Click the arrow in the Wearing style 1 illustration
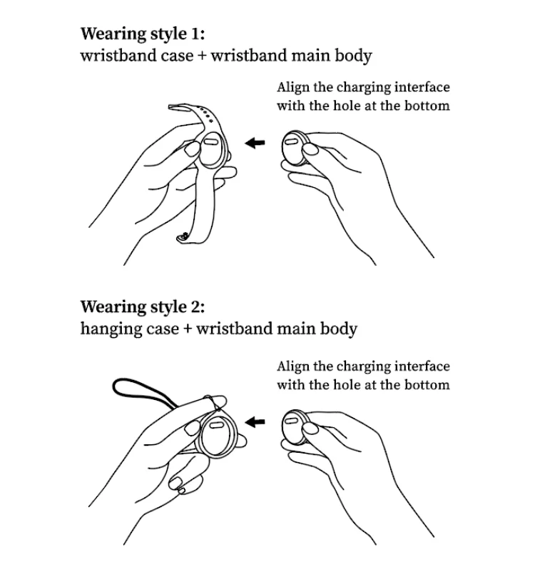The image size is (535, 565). click(255, 144)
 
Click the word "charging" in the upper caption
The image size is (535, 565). click(366, 89)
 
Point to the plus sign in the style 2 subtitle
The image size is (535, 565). click(188, 329)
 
